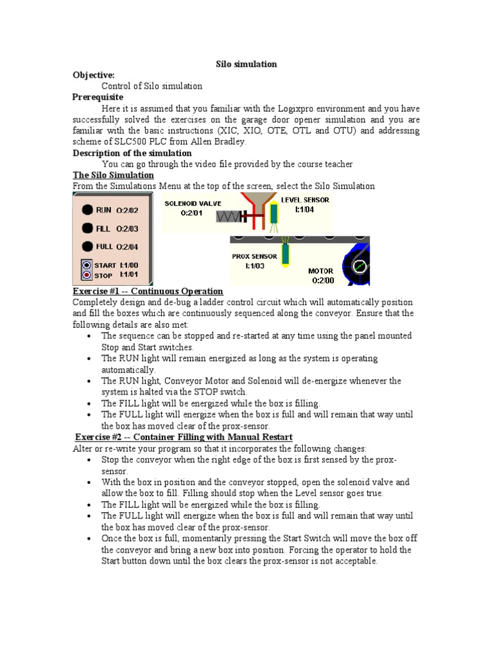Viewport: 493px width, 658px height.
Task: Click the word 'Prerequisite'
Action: [98, 97]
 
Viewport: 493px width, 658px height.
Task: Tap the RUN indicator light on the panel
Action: [86, 209]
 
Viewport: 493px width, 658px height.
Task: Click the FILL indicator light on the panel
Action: [86, 227]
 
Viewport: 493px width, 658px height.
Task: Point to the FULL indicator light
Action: [86, 246]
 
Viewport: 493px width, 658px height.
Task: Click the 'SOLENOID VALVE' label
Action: [193, 203]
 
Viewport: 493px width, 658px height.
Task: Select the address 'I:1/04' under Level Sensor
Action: [304, 209]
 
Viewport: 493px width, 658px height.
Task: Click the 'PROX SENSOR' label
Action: [254, 256]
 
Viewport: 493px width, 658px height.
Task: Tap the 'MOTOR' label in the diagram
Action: [321, 271]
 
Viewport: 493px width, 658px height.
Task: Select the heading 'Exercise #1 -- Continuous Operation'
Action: [148, 291]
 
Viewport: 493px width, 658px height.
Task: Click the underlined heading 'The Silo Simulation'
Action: [113, 175]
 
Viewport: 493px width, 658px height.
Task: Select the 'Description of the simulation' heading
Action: [132, 153]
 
